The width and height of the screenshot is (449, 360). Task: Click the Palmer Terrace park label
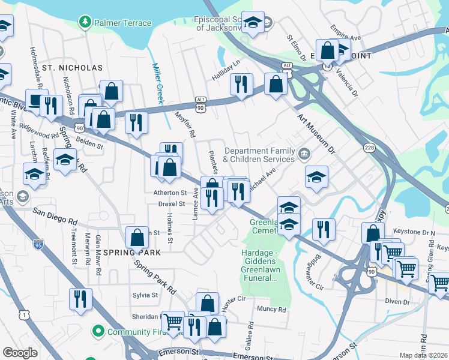[x=119, y=23]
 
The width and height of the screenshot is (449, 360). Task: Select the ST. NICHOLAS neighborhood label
[x=72, y=68]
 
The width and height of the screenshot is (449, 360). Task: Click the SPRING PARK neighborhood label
[x=131, y=253]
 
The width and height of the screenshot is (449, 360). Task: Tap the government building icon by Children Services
[x=304, y=155]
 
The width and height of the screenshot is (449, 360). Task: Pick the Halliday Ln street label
[x=225, y=70]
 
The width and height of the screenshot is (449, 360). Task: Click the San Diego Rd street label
[x=55, y=214]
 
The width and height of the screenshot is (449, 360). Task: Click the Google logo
[x=20, y=353]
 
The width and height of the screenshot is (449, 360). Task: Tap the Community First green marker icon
[x=97, y=331]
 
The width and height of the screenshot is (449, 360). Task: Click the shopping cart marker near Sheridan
[x=173, y=321]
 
